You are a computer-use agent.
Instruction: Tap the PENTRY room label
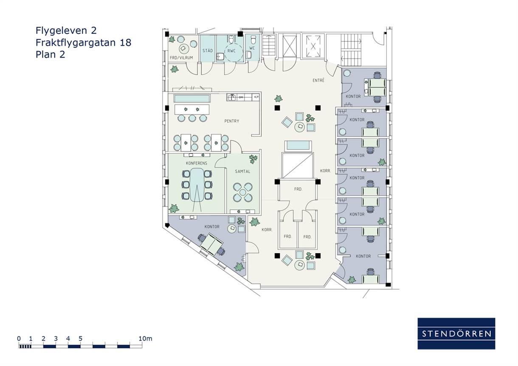[232, 121]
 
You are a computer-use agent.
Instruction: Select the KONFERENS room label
[197, 163]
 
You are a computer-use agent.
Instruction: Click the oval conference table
[197, 185]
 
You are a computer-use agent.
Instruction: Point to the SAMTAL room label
[242, 171]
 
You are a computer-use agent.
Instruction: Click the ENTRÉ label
[318, 80]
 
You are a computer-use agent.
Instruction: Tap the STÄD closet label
[208, 50]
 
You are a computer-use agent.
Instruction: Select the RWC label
[231, 51]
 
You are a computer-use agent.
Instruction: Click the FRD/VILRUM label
[181, 58]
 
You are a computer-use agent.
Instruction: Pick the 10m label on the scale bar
[145, 339]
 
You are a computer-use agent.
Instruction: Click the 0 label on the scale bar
[19, 339]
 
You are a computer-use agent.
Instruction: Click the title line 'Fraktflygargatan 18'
[84, 42]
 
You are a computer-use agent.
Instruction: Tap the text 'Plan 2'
[51, 54]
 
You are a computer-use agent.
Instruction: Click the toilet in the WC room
[253, 40]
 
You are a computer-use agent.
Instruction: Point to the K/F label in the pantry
[256, 97]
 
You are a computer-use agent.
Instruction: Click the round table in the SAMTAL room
[242, 192]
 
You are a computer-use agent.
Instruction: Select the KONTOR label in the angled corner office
[212, 227]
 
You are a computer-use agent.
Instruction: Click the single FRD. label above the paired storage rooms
[298, 189]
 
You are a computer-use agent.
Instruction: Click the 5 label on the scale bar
[80, 339]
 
